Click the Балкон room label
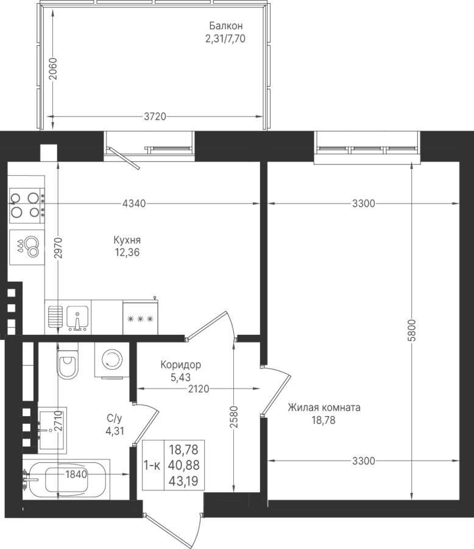pyautogui.click(x=226, y=26)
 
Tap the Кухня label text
pyautogui.click(x=127, y=240)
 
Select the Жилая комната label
pyautogui.click(x=324, y=407)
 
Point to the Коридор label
pyautogui.click(x=181, y=365)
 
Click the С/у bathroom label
pyautogui.click(x=115, y=418)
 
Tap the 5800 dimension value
pyautogui.click(x=413, y=330)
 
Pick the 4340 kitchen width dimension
pyautogui.click(x=134, y=203)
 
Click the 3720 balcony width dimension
pyautogui.click(x=155, y=117)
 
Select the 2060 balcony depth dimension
pyautogui.click(x=53, y=68)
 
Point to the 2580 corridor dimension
pyautogui.click(x=234, y=417)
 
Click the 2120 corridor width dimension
pyautogui.click(x=199, y=389)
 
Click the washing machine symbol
pyautogui.click(x=112, y=359)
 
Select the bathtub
pyautogui.click(x=66, y=478)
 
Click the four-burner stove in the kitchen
pyautogui.click(x=27, y=206)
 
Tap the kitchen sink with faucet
pyautogui.click(x=77, y=318)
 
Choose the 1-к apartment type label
pyautogui.click(x=152, y=465)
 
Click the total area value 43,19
pyautogui.click(x=183, y=481)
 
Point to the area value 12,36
pyautogui.click(x=127, y=252)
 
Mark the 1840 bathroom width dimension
pyautogui.click(x=76, y=475)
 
